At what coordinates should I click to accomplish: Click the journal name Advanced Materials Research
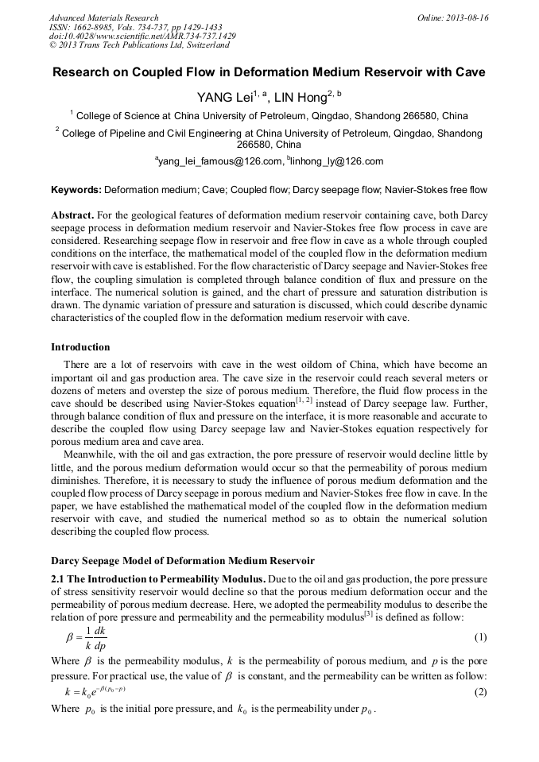point(104,17)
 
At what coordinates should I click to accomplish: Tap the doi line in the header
point(142,37)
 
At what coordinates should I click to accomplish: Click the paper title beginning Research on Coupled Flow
point(269,72)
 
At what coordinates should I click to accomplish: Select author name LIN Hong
point(303,98)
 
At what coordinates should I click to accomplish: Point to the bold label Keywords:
point(76,191)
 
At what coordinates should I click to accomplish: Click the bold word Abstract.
point(72,216)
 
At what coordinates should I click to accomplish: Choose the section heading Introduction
point(80,347)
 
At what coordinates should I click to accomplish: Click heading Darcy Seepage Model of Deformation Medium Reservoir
point(183,561)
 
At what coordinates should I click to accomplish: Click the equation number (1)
point(480,637)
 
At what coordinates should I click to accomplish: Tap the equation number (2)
point(480,692)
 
